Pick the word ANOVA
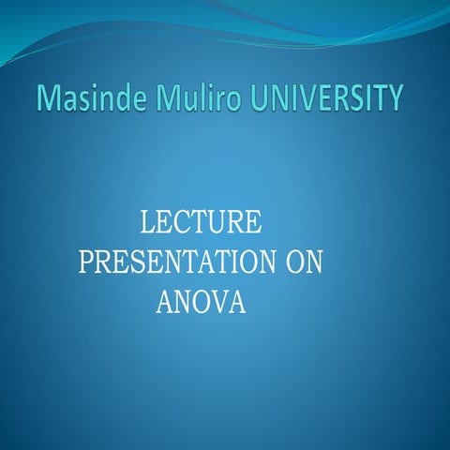(x=199, y=303)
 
